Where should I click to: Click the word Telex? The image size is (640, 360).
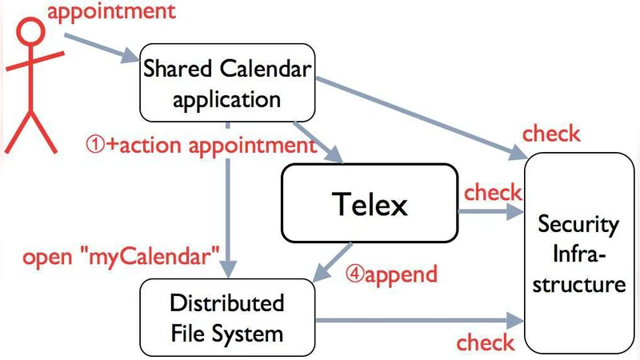369,205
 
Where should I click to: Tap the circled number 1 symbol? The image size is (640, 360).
96,146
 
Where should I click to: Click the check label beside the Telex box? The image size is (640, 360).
493,193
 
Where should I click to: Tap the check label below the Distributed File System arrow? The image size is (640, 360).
486,342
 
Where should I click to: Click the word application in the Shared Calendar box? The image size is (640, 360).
226,99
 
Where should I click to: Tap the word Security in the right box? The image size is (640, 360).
578,225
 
